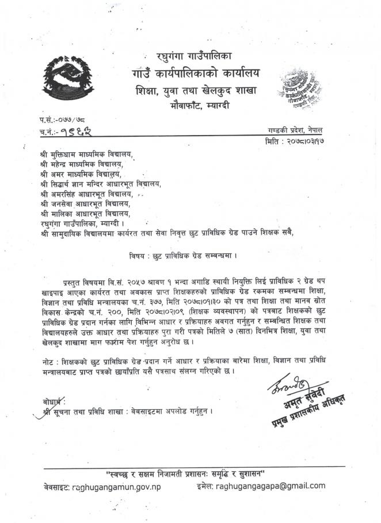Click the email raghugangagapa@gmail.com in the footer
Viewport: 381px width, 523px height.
pos(270,486)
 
